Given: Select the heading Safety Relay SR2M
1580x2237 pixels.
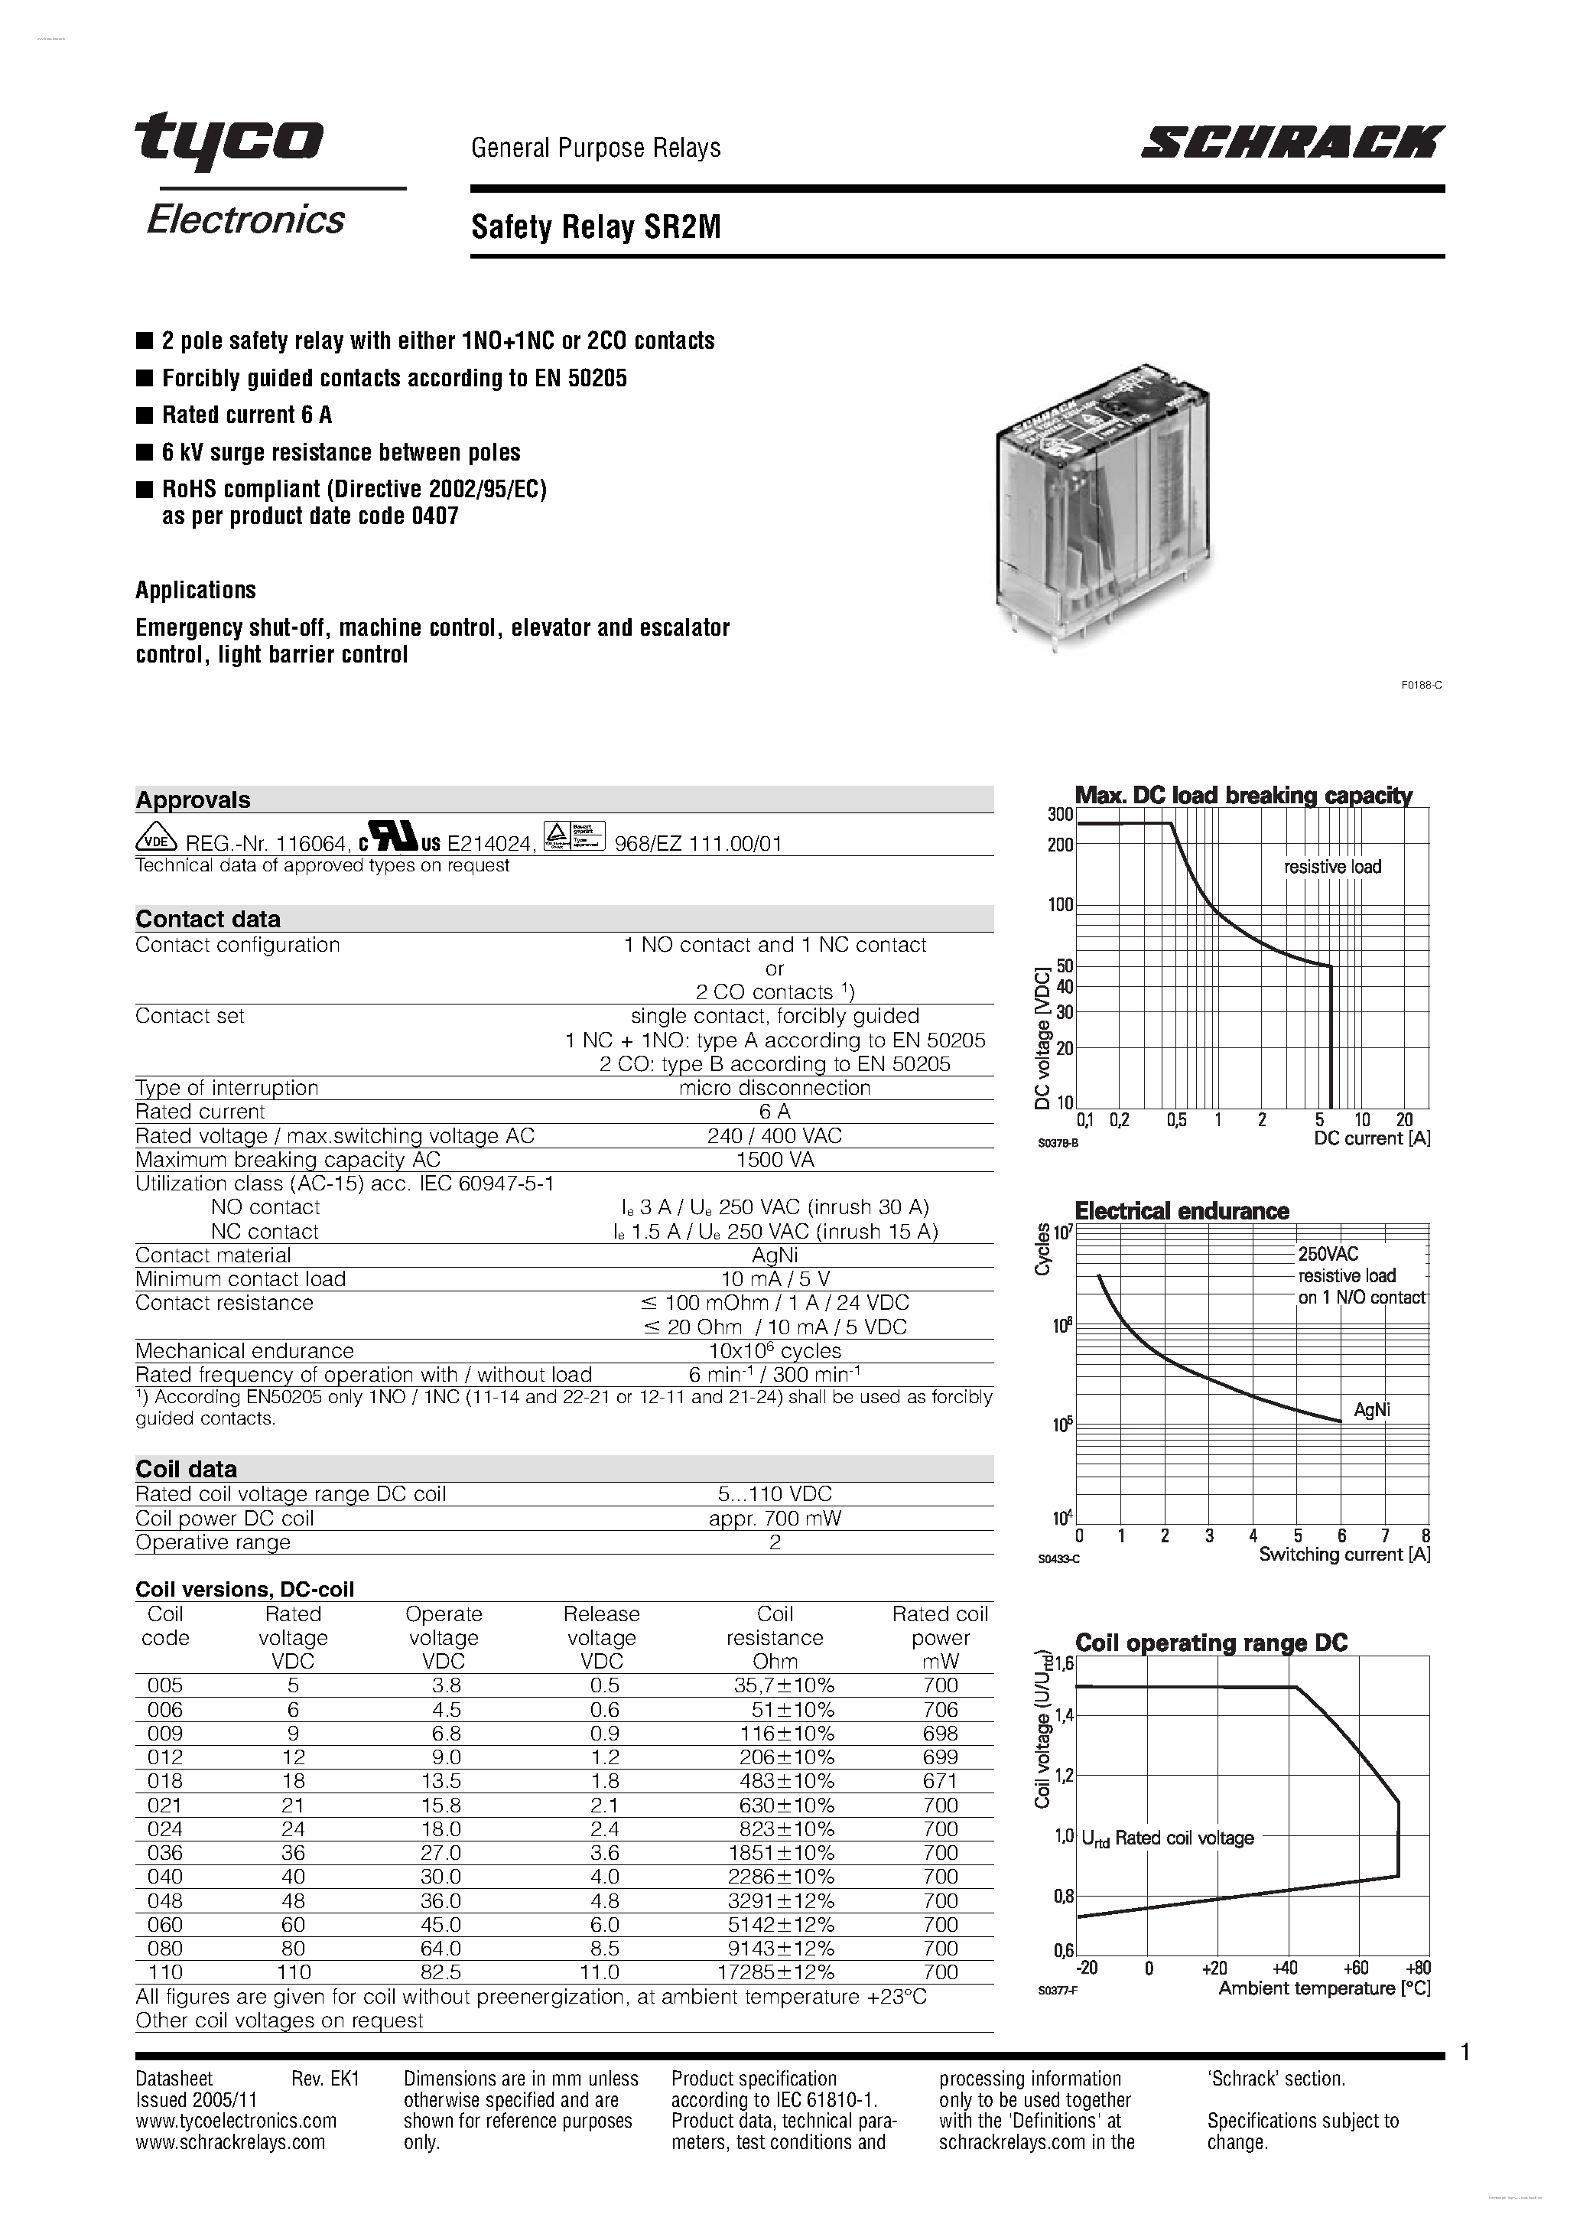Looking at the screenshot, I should (597, 228).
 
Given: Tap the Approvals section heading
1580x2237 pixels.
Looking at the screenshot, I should (193, 800).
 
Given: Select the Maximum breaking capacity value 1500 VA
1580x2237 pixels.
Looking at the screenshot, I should (775, 1159).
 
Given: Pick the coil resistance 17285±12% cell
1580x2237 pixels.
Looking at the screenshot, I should (775, 1972).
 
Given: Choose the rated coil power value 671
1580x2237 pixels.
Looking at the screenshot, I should (940, 1781).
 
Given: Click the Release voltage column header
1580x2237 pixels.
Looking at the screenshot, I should (601, 1637).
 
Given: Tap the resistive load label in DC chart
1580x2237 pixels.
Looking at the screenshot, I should (1331, 867).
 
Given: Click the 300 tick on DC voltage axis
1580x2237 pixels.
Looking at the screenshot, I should (1060, 815).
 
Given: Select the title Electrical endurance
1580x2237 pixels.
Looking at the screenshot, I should (1181, 1211).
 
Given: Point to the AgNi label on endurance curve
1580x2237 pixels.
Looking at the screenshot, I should (1371, 1410).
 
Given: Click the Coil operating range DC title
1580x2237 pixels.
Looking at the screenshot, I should (1211, 1643).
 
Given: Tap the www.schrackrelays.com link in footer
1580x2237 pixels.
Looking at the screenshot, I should (230, 2141).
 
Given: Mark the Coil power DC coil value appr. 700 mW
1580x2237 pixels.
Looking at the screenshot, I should (775, 1518).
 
